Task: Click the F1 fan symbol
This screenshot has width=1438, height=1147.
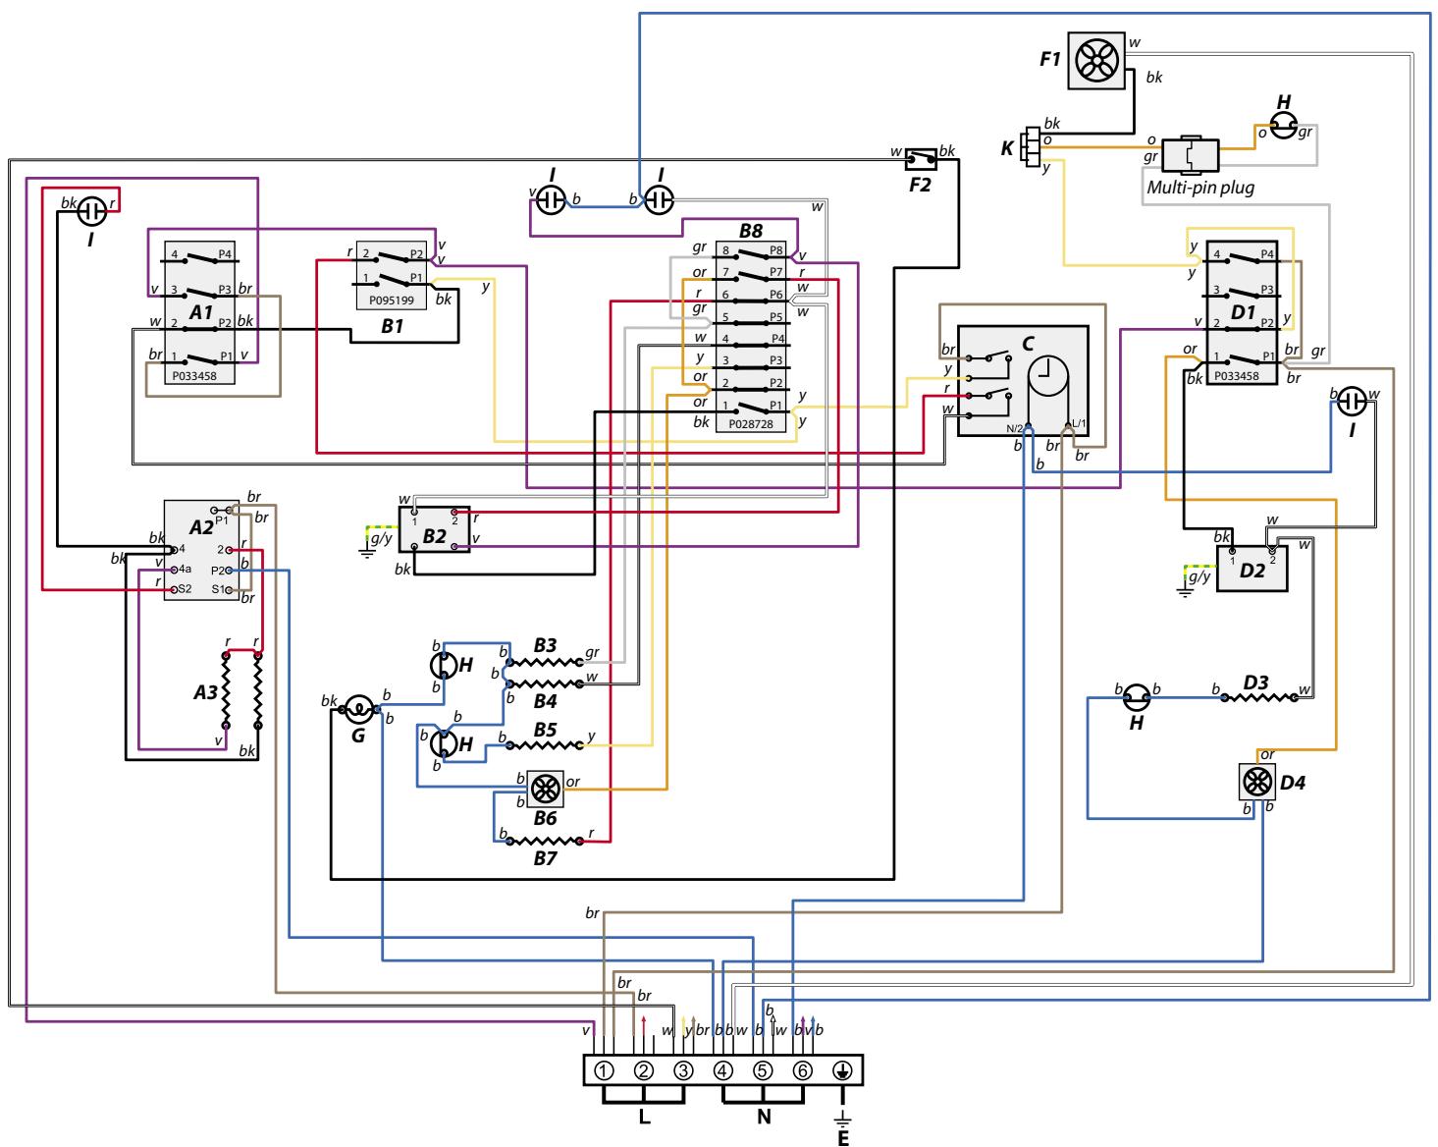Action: click(1092, 60)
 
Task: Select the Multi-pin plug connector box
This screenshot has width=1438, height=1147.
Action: click(1190, 156)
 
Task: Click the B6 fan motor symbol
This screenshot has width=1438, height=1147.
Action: click(543, 789)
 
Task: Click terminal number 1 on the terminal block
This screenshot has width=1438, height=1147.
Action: click(605, 1069)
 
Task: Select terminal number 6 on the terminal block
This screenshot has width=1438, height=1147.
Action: click(803, 1069)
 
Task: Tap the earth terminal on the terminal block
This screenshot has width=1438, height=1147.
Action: click(842, 1069)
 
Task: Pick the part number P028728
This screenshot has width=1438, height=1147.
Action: click(752, 424)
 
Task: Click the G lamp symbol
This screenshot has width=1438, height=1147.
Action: click(358, 707)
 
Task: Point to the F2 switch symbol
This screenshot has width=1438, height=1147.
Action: click(921, 158)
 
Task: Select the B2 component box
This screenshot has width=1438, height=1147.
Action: click(433, 530)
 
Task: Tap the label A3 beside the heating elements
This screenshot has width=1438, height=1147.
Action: click(205, 692)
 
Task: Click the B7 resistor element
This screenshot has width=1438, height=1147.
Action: click(545, 841)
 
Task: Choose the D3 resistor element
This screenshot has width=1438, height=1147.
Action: click(1263, 698)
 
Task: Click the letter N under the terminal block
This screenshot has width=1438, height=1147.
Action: click(763, 1118)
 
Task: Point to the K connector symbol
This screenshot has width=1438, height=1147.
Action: click(1030, 148)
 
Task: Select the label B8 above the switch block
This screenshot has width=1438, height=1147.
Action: click(751, 232)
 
